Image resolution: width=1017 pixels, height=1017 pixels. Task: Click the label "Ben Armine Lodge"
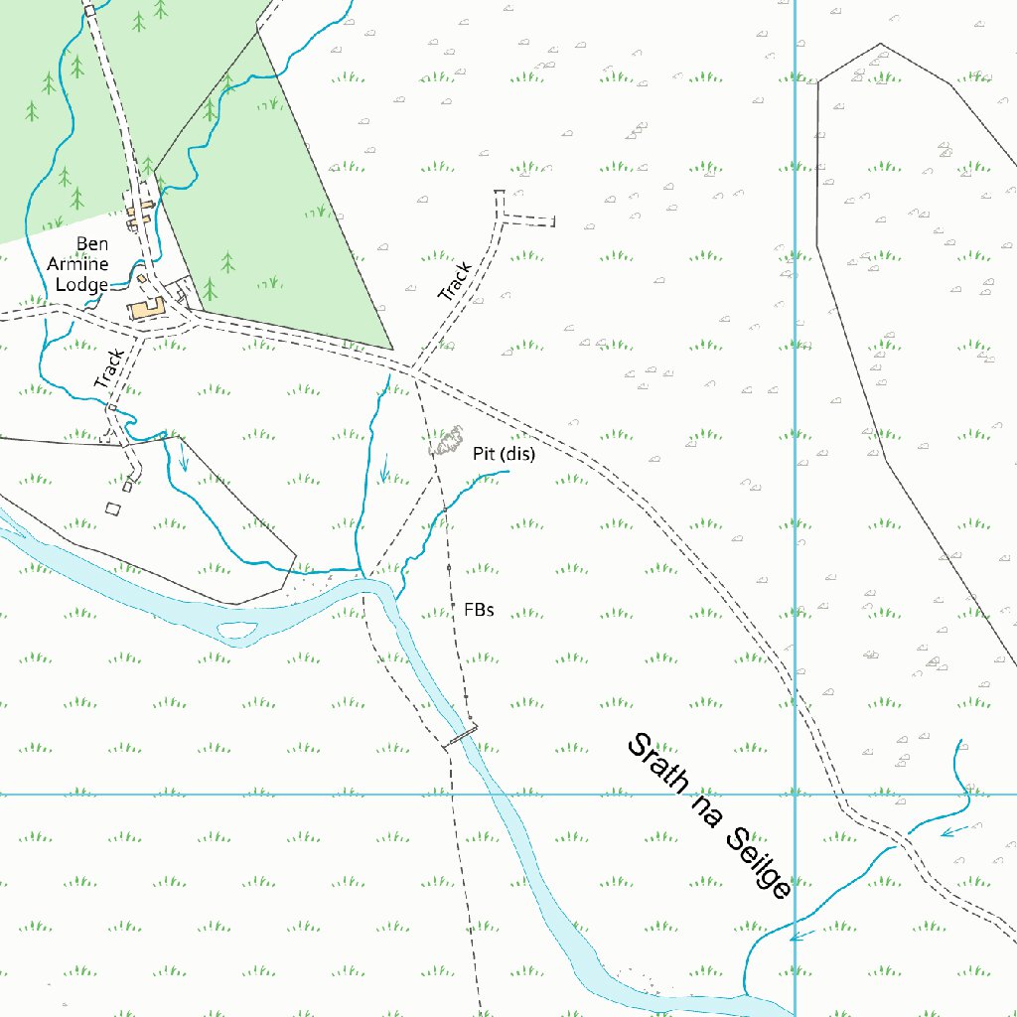tap(78, 264)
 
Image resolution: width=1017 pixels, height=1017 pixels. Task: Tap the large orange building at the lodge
tap(148, 309)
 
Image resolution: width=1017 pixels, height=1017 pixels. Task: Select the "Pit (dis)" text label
tap(504, 454)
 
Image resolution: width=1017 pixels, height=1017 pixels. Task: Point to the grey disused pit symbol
tap(448, 440)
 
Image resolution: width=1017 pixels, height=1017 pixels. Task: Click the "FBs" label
tap(479, 609)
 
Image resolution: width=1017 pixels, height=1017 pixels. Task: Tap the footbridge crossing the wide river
tap(460, 736)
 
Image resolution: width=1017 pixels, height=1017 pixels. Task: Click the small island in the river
tap(235, 629)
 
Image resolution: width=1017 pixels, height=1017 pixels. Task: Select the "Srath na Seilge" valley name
tap(709, 816)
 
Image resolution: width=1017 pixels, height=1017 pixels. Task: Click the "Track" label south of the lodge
tap(109, 368)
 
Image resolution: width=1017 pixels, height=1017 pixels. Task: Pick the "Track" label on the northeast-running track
tap(454, 282)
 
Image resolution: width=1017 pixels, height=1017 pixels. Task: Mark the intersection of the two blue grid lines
tap(795, 795)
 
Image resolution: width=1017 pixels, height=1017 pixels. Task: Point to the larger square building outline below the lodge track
tap(112, 508)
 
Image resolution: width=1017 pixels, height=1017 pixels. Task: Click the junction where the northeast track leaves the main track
tap(414, 372)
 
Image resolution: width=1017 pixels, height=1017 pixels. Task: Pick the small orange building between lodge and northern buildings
tap(142, 278)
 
